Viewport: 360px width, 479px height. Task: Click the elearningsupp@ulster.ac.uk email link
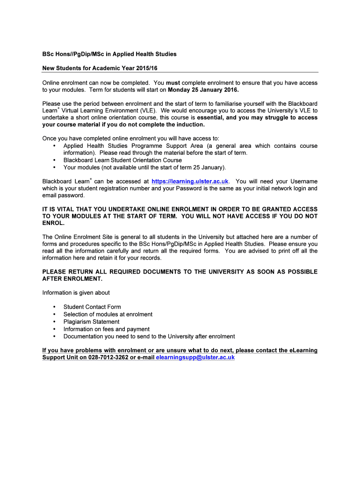click(x=195, y=358)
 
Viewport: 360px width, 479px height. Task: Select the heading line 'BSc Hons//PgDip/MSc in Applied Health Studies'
click(x=109, y=54)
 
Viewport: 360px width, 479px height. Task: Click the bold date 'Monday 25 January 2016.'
click(x=203, y=90)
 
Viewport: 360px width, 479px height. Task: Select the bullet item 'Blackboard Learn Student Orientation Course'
click(x=122, y=160)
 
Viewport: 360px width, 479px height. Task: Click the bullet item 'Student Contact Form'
click(x=92, y=307)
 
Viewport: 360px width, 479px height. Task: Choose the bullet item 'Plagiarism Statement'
click(x=91, y=321)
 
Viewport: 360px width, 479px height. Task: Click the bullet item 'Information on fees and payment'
click(x=107, y=329)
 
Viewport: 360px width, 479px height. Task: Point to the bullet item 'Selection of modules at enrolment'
click(x=108, y=314)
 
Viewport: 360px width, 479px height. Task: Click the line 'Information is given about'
click(x=76, y=293)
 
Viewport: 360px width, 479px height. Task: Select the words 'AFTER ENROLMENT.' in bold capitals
click(x=72, y=279)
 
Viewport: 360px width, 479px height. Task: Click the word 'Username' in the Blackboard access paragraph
click(x=303, y=181)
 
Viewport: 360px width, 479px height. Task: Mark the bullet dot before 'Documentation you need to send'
click(x=55, y=336)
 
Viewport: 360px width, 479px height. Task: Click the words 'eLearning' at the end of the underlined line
click(x=303, y=350)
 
